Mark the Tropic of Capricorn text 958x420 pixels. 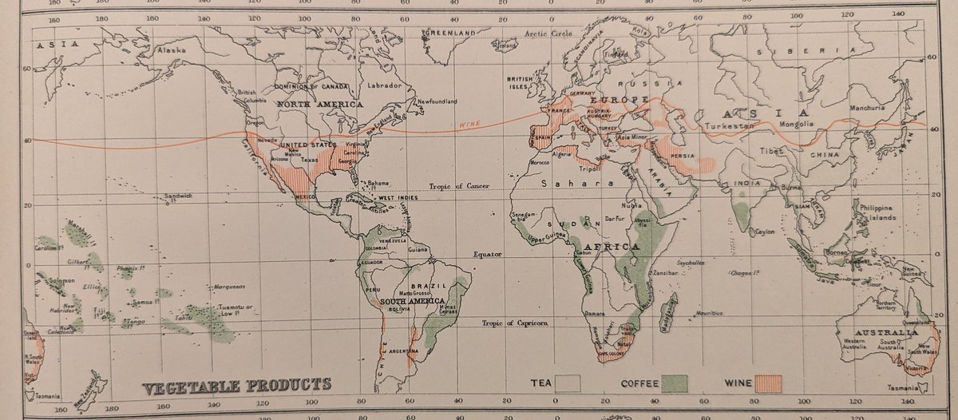point(517,323)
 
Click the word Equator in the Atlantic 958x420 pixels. point(489,256)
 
